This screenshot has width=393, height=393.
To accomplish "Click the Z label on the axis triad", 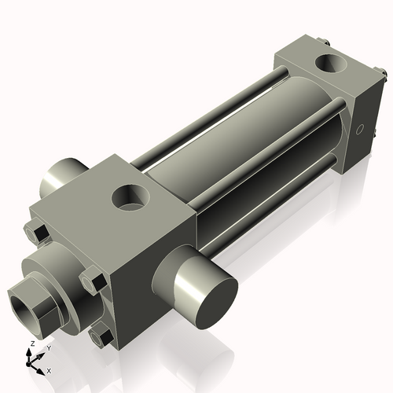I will coord(31,344).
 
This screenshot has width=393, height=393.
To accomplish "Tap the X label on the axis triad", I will coord(50,369).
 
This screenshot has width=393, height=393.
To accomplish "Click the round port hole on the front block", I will coord(130,196).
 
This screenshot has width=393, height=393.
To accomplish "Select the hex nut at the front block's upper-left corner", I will coord(35,232).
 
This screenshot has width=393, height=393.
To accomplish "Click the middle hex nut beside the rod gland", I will coord(93,279).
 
